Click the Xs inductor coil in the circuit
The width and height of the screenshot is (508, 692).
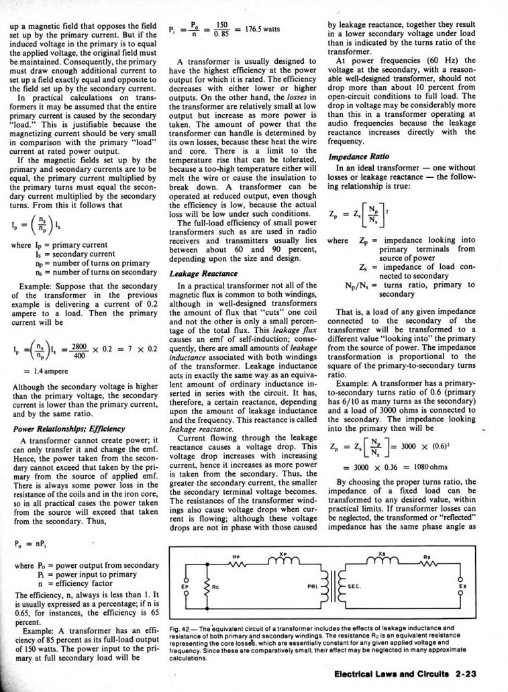click(x=383, y=559)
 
